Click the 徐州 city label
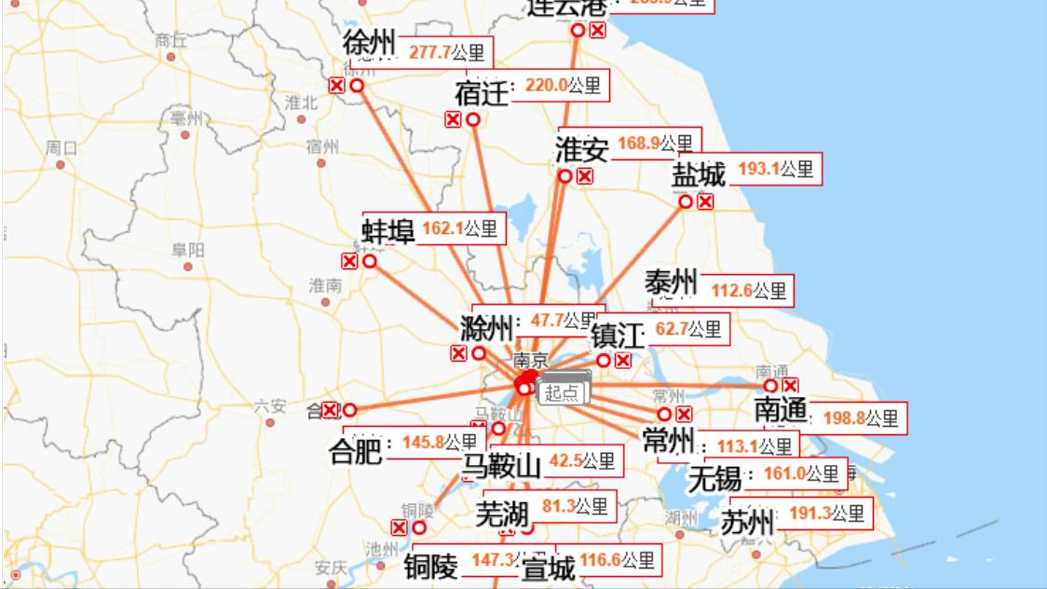coord(369,43)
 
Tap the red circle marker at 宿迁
coord(473,119)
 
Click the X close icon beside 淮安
coord(585,176)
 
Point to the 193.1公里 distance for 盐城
coord(776,170)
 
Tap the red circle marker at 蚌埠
coord(370,261)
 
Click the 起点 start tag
coord(562,392)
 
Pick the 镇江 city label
coord(618,335)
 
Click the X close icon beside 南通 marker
coord(791,385)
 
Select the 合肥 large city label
coord(356,451)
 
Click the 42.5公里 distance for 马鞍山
coord(581,460)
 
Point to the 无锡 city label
coord(715,479)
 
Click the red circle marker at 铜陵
coord(419,527)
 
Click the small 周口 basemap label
coord(61,148)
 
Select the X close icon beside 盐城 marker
coord(705,201)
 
